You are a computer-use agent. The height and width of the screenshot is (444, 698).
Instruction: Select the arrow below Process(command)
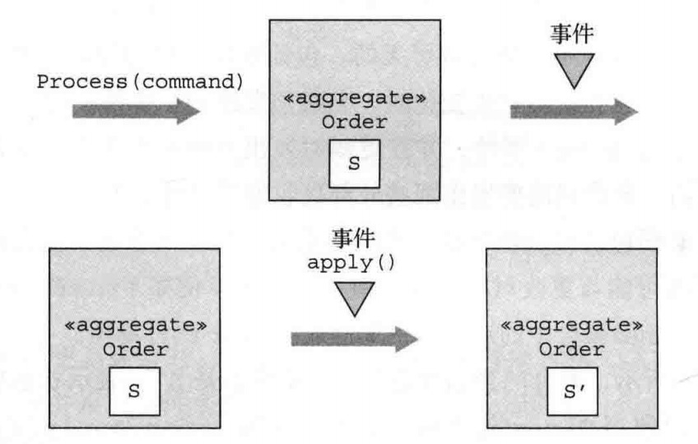pos(136,112)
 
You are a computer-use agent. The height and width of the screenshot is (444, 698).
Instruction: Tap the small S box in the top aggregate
pos(354,163)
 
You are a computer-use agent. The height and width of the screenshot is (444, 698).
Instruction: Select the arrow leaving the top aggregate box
pos(575,112)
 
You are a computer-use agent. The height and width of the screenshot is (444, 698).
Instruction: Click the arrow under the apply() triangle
pos(354,337)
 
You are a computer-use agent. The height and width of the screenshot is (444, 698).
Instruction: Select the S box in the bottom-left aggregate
pos(132,391)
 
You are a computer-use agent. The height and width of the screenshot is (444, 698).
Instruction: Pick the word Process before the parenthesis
pos(69,83)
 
